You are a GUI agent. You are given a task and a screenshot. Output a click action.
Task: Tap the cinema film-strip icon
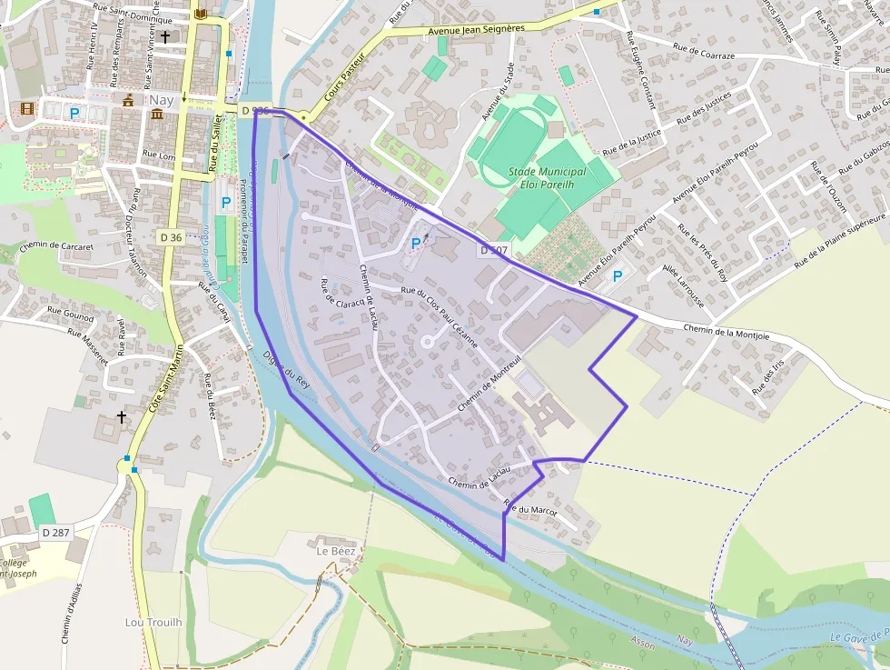click(x=27, y=109)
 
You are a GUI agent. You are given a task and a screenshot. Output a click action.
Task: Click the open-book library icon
click(x=201, y=14)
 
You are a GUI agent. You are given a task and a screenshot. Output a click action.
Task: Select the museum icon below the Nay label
click(x=158, y=115)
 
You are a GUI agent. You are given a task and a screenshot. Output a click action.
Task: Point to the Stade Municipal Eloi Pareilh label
click(x=548, y=178)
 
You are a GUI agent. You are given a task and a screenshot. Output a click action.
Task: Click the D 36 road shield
click(x=171, y=237)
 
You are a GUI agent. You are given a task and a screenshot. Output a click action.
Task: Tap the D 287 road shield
click(x=56, y=533)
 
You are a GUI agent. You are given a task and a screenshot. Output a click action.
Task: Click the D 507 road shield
click(x=495, y=250)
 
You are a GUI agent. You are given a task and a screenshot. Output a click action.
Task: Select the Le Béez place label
click(x=334, y=551)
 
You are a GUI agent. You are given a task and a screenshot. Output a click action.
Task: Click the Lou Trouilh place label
click(x=153, y=622)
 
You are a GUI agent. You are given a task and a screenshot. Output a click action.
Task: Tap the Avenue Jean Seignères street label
click(x=476, y=29)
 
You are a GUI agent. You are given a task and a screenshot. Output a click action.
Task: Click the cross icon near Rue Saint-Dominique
click(x=165, y=37)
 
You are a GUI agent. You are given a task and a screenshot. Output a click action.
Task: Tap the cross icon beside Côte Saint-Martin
click(x=122, y=417)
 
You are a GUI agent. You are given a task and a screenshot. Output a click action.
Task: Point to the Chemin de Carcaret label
click(x=56, y=246)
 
